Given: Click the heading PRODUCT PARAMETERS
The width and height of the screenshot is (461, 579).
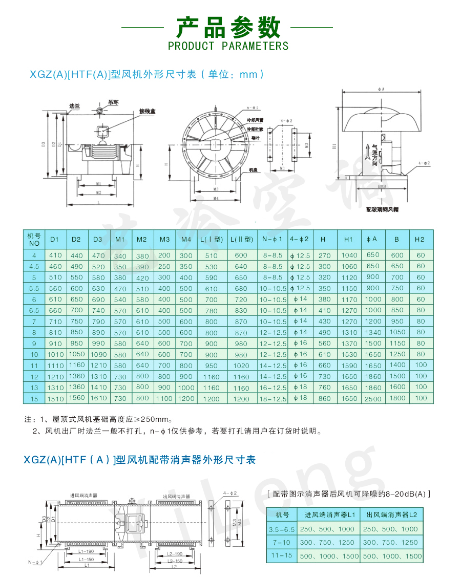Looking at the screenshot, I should [x=228, y=46].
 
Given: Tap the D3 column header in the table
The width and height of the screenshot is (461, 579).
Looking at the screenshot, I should [x=98, y=239].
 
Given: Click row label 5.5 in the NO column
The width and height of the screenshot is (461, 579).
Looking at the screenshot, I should [x=34, y=288].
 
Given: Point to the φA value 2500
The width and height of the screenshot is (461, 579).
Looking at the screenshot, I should [x=373, y=398].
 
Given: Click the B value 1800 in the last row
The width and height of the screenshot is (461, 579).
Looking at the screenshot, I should [x=397, y=398].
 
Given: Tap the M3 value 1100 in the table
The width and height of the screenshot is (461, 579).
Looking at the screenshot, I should [x=164, y=398].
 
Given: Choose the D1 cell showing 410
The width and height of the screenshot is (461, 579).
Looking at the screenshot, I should [x=55, y=255].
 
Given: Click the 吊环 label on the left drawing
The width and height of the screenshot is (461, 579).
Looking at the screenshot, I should [x=113, y=102].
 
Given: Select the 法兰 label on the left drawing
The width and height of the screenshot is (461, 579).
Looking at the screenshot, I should [x=75, y=106].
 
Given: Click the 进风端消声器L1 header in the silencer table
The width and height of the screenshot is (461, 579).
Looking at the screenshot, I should [x=330, y=514].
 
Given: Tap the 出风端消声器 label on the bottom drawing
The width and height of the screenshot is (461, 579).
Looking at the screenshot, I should [x=176, y=496].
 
